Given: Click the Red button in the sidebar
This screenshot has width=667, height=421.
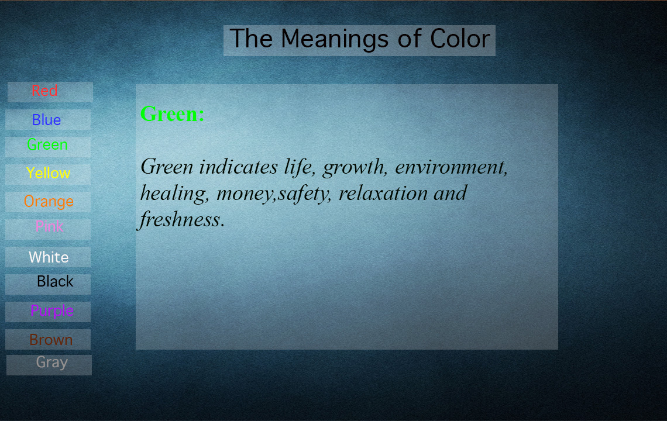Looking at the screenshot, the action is pos(50,92).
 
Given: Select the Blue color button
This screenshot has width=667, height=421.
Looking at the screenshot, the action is pos(48,119).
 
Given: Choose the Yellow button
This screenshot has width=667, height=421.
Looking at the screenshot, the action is pos(48,174).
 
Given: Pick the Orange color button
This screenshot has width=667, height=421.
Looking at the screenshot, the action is pos(48,202).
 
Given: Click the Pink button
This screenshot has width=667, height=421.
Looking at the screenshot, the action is pos(48,229).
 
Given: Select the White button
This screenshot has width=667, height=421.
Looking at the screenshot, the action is pos(48,257).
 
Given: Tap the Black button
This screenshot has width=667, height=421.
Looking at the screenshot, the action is pos(48,284).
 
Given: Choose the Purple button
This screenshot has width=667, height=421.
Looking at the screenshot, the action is pos(48,312).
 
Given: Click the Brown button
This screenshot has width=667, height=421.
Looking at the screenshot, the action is pos(48,339).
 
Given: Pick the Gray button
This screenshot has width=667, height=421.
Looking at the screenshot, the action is pos(49,365).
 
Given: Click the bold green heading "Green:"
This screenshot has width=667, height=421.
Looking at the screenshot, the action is pos(172,114).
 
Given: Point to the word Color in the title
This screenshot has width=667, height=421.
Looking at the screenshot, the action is pos(460,39).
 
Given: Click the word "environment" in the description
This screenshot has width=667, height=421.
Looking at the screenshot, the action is pos(451,167).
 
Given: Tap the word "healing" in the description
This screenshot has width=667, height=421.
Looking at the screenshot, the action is pos(174,194).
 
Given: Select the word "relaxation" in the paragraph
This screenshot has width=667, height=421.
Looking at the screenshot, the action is pos(383,193).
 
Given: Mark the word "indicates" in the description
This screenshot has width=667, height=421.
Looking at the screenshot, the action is pos(238,167).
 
